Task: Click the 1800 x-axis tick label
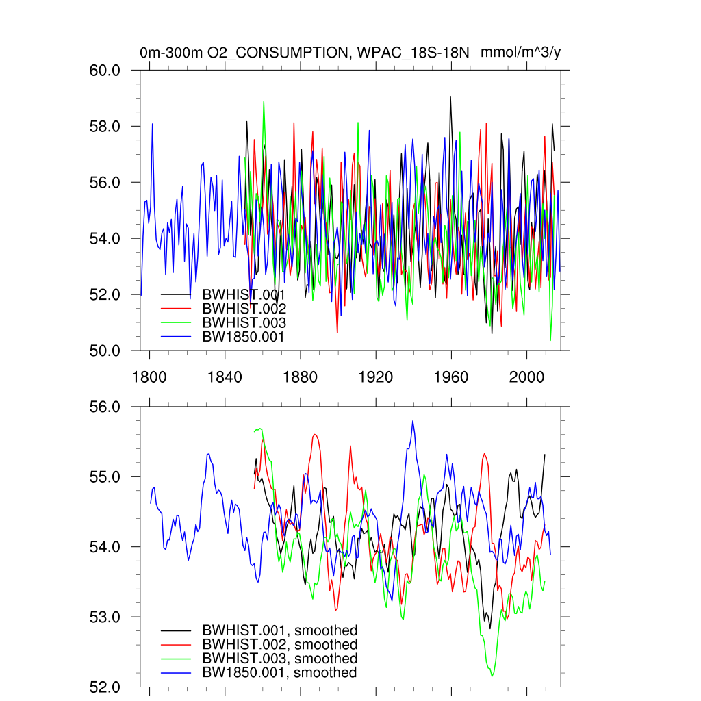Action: pyautogui.click(x=149, y=377)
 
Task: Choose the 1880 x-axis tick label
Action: pyautogui.click(x=301, y=377)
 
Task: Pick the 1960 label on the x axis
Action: pyautogui.click(x=451, y=377)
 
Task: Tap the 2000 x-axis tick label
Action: pyautogui.click(x=527, y=377)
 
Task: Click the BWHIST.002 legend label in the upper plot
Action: pyautogui.click(x=244, y=308)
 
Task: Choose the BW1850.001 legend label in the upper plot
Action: pyautogui.click(x=244, y=336)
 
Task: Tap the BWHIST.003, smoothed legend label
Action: pyautogui.click(x=280, y=659)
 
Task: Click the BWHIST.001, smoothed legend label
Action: pyautogui.click(x=280, y=630)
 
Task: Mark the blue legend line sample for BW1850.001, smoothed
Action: pyautogui.click(x=176, y=673)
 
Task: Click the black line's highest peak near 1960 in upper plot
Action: pyautogui.click(x=450, y=97)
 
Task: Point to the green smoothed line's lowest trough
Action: pyautogui.click(x=492, y=676)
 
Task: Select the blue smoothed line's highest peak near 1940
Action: pyautogui.click(x=413, y=421)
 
